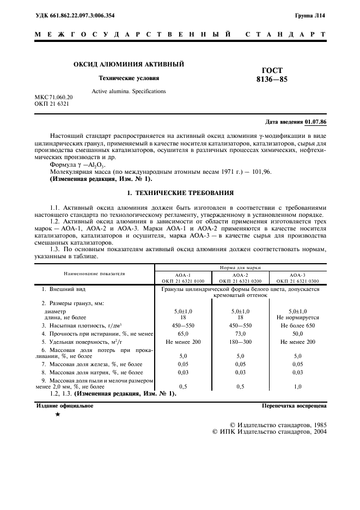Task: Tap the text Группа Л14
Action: tap(312, 17)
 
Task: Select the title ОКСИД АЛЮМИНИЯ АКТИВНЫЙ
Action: tap(129, 64)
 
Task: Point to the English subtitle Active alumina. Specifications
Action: tap(129, 91)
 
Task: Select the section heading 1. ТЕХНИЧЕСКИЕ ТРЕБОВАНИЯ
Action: tap(180, 193)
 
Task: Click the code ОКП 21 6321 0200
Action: tap(240, 281)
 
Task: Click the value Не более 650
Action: tap(297, 324)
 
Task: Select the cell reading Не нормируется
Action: tap(297, 317)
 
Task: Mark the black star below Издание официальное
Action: tap(57, 415)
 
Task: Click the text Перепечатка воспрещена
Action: tap(294, 405)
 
